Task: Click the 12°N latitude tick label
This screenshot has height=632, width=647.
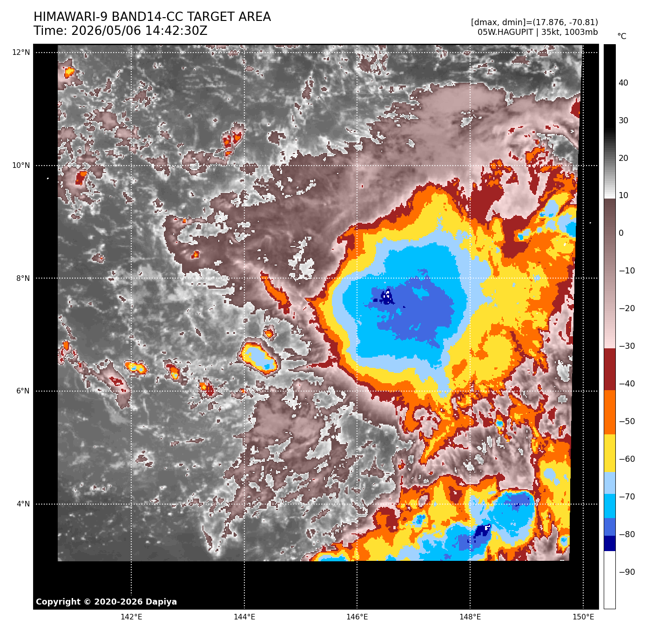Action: point(21,53)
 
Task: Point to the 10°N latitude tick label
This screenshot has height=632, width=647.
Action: point(21,166)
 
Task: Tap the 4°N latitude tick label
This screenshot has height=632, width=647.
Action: point(23,504)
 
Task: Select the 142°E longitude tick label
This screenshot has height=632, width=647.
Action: point(131,617)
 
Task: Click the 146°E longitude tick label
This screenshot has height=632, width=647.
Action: point(357,617)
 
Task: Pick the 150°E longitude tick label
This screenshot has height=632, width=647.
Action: point(583,617)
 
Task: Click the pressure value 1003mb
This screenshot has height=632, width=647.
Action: point(583,32)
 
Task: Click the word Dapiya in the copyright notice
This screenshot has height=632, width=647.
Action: point(161,602)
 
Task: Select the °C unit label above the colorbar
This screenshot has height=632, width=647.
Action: point(622,36)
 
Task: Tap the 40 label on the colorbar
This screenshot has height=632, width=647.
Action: point(623,83)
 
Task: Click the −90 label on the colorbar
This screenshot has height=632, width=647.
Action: point(627,572)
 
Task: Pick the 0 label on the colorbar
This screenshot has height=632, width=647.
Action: point(621,233)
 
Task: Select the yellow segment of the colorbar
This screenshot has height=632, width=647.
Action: point(609,453)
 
